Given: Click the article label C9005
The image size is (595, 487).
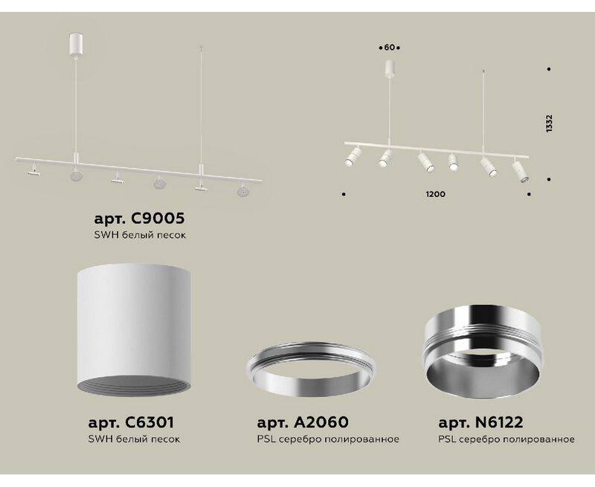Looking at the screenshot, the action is pyautogui.click(x=139, y=219).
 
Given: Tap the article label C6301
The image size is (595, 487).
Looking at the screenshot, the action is pyautogui.click(x=131, y=422).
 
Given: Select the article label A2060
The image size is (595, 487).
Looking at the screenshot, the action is pyautogui.click(x=303, y=422).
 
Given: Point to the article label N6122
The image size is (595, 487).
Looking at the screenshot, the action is pyautogui.click(x=480, y=422).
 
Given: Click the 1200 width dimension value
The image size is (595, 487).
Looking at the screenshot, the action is pyautogui.click(x=436, y=194).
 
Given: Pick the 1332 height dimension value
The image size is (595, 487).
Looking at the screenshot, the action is pyautogui.click(x=549, y=123).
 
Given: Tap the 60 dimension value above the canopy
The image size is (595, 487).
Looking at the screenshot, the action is pyautogui.click(x=389, y=48).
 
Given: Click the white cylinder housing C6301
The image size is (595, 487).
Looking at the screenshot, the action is pyautogui.click(x=134, y=329).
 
